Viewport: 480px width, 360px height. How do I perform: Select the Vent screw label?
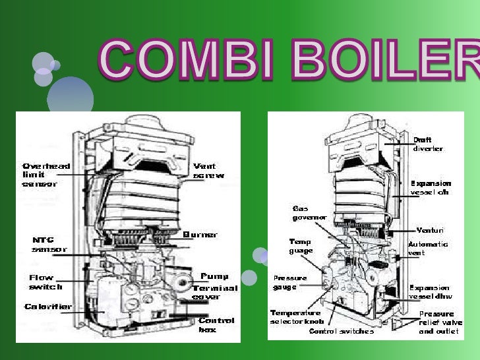(208, 171)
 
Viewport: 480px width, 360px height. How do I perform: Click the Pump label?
(214, 276)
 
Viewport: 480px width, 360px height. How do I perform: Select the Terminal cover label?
(216, 292)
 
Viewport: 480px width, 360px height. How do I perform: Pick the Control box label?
(216, 324)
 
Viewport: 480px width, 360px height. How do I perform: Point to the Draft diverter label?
(428, 144)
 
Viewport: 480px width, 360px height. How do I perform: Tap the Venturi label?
(430, 230)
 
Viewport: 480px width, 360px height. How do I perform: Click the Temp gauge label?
(301, 246)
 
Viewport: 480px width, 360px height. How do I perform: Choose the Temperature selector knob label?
(295, 316)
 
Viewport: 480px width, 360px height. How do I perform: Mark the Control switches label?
(342, 331)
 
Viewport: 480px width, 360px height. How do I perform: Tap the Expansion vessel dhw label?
(429, 291)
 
